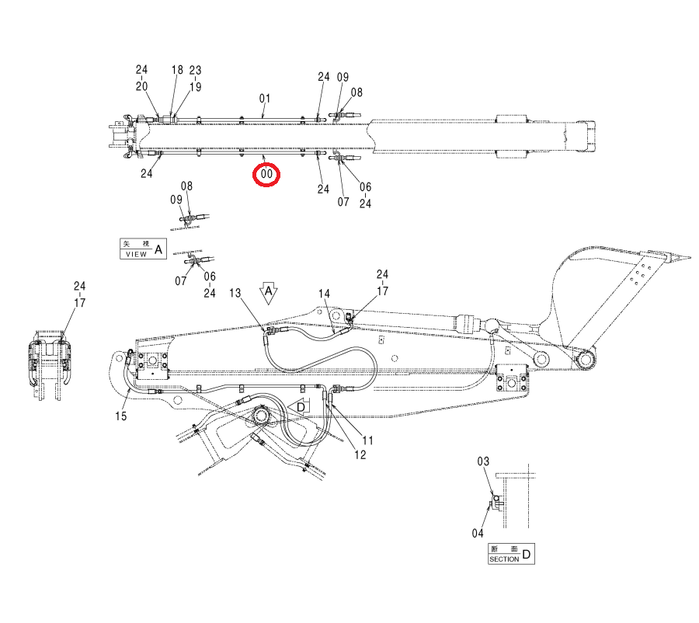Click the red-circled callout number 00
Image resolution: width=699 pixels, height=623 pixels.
266,174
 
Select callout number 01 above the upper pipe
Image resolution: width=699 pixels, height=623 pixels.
265,98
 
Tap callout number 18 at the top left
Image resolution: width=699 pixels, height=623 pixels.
177,70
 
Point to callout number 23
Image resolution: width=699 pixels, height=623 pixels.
195,71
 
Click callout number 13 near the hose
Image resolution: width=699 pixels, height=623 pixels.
235,293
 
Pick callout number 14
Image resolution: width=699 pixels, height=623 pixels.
324,294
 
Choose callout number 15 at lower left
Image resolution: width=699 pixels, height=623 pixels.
121,416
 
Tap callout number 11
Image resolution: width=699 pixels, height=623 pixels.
367,440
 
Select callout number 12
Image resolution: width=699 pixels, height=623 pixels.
360,455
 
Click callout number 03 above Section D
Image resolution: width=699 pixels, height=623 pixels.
483,461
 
